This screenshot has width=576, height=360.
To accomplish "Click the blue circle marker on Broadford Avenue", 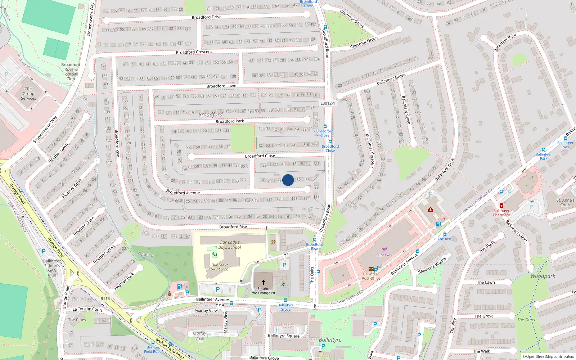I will click(288, 180).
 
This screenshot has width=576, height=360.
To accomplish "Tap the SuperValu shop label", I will click(384, 255).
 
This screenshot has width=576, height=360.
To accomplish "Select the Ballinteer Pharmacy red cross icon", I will click(501, 206).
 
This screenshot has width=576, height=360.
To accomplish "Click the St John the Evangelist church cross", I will click(263, 282).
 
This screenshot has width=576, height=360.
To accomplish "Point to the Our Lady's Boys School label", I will click(229, 245).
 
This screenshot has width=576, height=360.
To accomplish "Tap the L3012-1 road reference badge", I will click(327, 103).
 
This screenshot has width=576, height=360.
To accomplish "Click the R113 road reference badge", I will click(105, 298).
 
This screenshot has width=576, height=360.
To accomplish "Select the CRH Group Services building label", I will click(28, 94).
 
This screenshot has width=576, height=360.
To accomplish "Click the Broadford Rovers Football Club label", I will click(71, 72).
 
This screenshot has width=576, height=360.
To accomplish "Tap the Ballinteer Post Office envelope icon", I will click(371, 269).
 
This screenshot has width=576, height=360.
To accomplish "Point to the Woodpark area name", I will click(543, 276).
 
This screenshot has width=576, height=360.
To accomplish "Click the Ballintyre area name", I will click(330, 340).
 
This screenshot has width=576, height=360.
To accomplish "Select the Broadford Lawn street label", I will click(221, 86).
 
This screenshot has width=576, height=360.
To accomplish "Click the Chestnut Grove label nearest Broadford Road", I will click(364, 42).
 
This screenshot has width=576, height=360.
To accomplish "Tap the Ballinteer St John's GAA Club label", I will click(52, 268).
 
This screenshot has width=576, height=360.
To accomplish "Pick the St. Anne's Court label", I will click(565, 202).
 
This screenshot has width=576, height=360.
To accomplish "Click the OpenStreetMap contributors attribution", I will click(548, 357).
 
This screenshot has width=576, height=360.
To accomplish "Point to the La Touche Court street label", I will click(87, 309).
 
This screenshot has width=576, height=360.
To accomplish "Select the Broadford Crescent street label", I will click(194, 52).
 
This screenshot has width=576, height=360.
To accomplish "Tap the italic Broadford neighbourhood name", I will click(210, 114).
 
